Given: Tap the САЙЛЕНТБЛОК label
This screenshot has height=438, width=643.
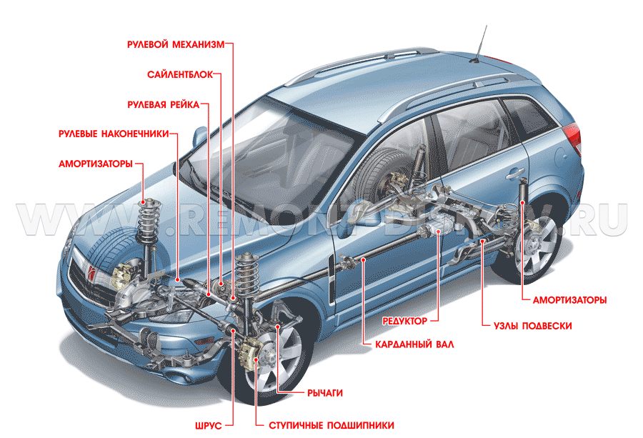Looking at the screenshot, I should (x=179, y=74).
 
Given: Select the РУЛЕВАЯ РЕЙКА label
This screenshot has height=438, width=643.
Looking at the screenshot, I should (x=163, y=104).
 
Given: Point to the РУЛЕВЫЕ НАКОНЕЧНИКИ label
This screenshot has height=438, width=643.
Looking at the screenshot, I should (x=114, y=134).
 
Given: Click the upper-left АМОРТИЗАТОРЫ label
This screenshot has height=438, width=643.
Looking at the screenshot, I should (x=96, y=164).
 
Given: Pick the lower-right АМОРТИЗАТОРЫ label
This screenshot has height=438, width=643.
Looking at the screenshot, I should (x=569, y=300).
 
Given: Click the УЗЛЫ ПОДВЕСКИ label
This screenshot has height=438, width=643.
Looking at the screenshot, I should (x=532, y=326).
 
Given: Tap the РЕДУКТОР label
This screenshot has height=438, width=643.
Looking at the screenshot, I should (x=404, y=321).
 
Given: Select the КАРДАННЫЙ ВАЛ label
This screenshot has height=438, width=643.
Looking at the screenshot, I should (x=414, y=344).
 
